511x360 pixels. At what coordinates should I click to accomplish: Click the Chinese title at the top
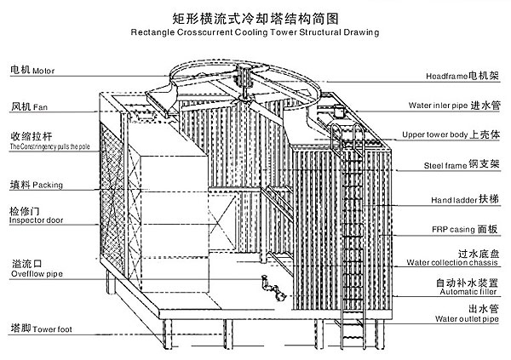255,16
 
